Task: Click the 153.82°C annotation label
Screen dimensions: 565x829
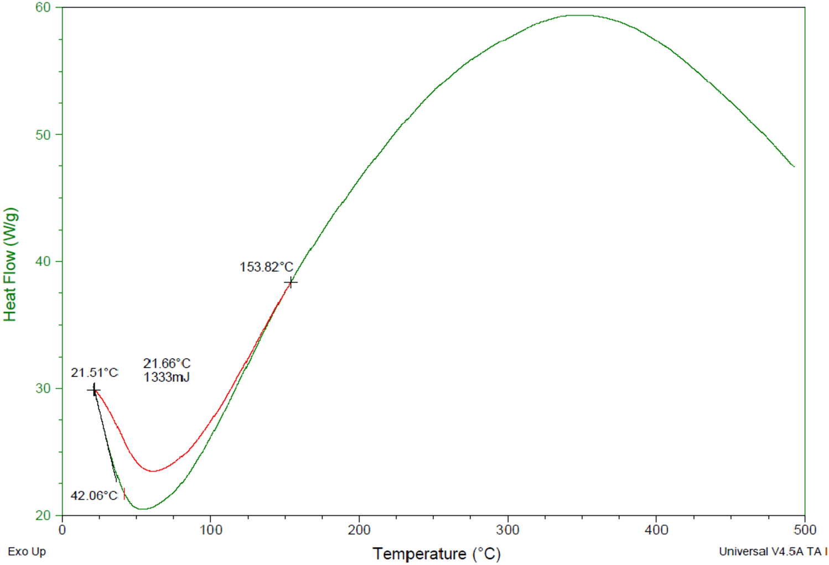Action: [266, 267]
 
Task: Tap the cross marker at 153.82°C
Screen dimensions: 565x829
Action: [291, 282]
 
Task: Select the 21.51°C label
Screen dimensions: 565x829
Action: [94, 373]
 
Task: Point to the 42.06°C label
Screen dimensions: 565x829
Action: [94, 495]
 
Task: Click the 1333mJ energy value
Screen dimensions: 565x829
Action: [167, 378]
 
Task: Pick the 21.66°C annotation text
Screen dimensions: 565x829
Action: [167, 363]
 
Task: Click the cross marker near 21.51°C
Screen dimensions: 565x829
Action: [94, 390]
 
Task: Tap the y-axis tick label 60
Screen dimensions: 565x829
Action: [43, 7]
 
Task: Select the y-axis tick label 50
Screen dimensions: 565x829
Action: [43, 135]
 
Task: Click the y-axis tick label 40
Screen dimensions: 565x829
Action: [43, 261]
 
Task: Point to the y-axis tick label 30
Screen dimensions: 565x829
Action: [43, 388]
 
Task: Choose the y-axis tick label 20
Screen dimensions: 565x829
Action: [43, 515]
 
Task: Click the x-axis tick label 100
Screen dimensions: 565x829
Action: [211, 530]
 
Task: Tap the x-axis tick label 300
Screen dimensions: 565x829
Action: [507, 530]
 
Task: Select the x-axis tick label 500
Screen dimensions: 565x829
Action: [805, 530]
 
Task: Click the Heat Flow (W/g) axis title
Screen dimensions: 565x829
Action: [11, 264]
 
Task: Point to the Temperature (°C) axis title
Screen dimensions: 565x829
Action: [436, 553]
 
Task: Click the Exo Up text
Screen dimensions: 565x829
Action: [27, 552]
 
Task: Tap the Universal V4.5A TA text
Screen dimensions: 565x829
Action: [770, 551]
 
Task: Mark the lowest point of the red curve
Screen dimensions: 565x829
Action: [153, 471]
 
